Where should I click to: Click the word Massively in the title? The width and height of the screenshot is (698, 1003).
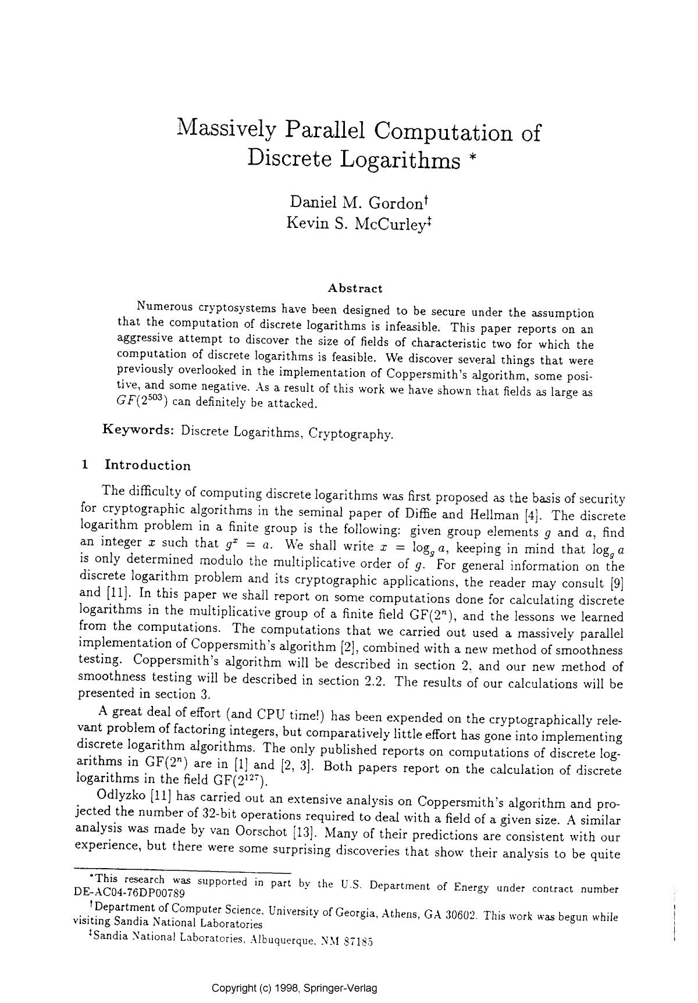pyautogui.click(x=226, y=129)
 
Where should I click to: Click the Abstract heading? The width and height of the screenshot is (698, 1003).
pyautogui.click(x=355, y=288)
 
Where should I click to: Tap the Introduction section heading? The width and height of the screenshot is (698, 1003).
pyautogui.click(x=147, y=465)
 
